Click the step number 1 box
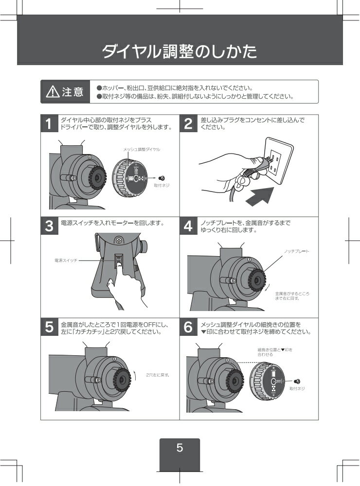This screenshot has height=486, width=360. [49, 123]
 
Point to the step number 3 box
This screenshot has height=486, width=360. [49, 226]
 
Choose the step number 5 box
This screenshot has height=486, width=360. [49, 328]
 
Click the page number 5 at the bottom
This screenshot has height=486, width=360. [180, 448]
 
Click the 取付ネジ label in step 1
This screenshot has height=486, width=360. [162, 186]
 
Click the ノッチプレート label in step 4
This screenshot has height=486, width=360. [297, 251]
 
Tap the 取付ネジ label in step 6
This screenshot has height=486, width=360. [297, 388]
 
